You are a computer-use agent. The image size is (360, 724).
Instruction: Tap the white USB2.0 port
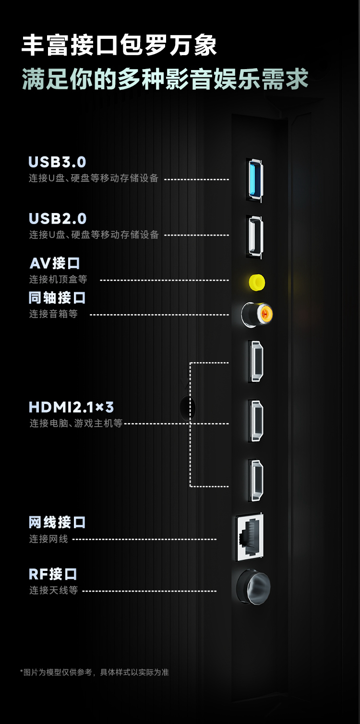tap(254, 236)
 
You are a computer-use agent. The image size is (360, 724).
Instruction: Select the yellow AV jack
tap(257, 282)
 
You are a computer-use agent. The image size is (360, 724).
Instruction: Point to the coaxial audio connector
tap(257, 314)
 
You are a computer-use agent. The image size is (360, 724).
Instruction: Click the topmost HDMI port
tap(255, 361)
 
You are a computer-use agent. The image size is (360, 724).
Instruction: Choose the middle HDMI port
tap(255, 421)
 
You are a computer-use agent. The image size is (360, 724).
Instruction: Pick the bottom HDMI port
tap(255, 481)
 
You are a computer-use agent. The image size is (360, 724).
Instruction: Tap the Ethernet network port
tap(250, 537)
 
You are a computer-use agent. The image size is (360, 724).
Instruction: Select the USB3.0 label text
tap(58, 162)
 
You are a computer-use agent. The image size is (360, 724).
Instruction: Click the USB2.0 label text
tap(58, 219)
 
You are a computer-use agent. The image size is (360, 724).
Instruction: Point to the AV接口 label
tap(55, 263)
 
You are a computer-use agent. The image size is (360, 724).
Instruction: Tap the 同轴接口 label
tap(57, 297)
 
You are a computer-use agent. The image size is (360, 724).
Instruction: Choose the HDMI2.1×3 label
tap(71, 407)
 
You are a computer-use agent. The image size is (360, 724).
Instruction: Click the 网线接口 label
tap(57, 522)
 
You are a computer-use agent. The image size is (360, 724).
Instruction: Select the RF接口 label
tap(53, 574)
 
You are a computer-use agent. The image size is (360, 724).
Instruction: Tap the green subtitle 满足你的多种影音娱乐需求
tap(165, 79)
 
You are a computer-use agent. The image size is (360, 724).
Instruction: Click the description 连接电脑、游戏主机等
tap(76, 424)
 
